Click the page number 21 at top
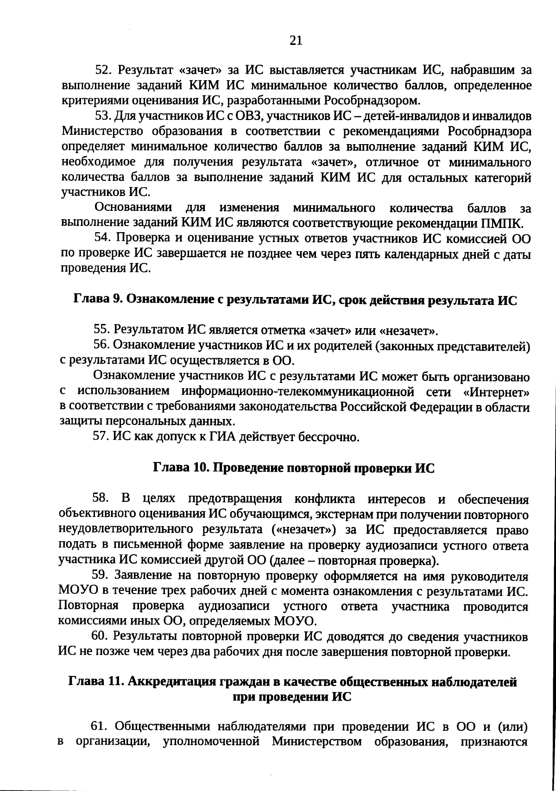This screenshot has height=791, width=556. [x=296, y=41]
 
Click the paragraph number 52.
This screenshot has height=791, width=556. [x=101, y=70]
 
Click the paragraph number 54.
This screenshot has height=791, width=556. [x=101, y=238]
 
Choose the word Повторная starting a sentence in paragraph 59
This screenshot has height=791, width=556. [x=88, y=607]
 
